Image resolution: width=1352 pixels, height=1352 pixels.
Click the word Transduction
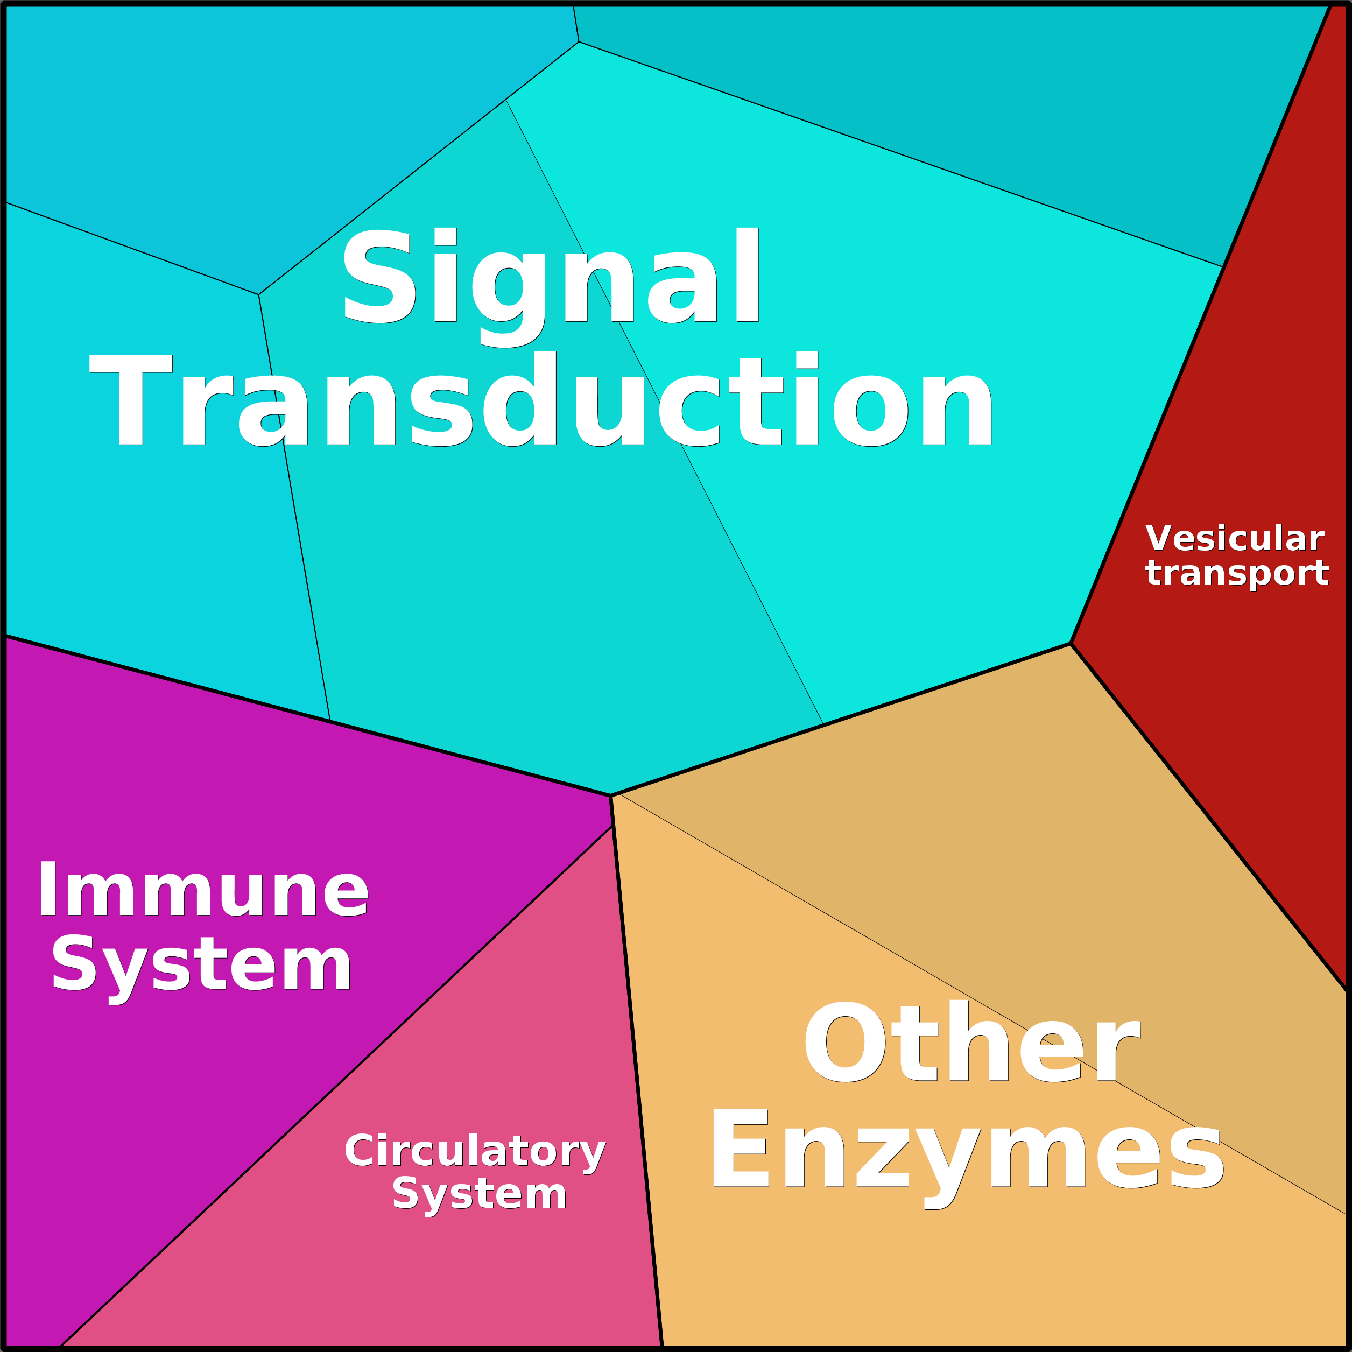coord(540,401)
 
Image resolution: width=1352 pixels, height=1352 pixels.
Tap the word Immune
coord(203,891)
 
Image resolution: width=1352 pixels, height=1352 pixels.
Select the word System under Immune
coord(201,967)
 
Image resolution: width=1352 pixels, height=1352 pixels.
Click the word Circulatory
coord(475,1151)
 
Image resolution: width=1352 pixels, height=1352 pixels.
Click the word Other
coord(971,1042)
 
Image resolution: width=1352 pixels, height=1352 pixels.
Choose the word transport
coord(1236,573)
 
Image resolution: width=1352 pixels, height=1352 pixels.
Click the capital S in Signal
coord(377,277)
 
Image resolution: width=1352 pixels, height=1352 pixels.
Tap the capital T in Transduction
coord(131,400)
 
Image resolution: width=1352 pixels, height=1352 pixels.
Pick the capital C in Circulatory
coord(361,1151)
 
